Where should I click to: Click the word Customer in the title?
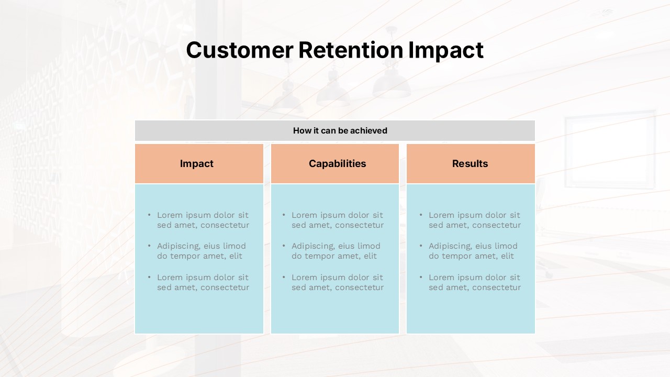point(240,50)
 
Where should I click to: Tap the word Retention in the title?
point(351,50)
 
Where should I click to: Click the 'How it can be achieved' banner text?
point(340,131)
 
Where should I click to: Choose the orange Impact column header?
point(199,164)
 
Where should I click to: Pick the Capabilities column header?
point(335,164)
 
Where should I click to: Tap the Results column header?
point(471,164)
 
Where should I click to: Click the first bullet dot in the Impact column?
point(149,215)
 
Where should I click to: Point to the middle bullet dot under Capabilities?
point(284,246)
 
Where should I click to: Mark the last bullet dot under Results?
point(421,277)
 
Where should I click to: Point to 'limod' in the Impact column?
point(234,246)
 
